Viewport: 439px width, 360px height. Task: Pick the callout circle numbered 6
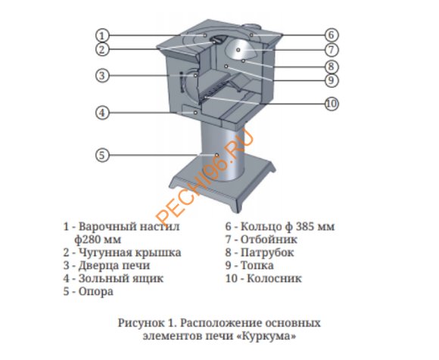[331, 35]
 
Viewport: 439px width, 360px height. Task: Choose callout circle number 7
[331, 50]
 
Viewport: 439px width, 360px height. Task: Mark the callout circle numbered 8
[331, 66]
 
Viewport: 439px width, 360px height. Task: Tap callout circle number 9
[331, 79]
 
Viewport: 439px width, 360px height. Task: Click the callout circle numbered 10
[330, 104]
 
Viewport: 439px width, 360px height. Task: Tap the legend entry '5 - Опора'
[89, 290]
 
